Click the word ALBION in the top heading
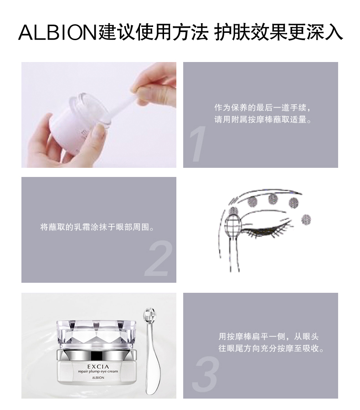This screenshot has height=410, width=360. pos(58,33)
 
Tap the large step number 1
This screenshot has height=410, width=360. pos(198,144)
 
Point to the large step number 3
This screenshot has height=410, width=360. pos(206,374)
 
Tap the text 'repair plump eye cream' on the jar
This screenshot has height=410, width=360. pos(98,371)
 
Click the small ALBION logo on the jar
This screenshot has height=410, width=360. pos(98,378)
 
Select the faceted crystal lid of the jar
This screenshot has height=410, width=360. pos(97,334)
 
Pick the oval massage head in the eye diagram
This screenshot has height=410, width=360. pos(234,224)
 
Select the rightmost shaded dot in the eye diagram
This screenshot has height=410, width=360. pos(306,219)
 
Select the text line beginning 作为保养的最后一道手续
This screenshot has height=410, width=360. pos(263,108)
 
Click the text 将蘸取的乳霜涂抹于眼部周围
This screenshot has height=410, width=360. pos(98,227)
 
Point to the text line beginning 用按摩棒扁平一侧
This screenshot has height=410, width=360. pos(268,336)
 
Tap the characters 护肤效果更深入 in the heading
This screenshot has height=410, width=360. pos(278,33)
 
